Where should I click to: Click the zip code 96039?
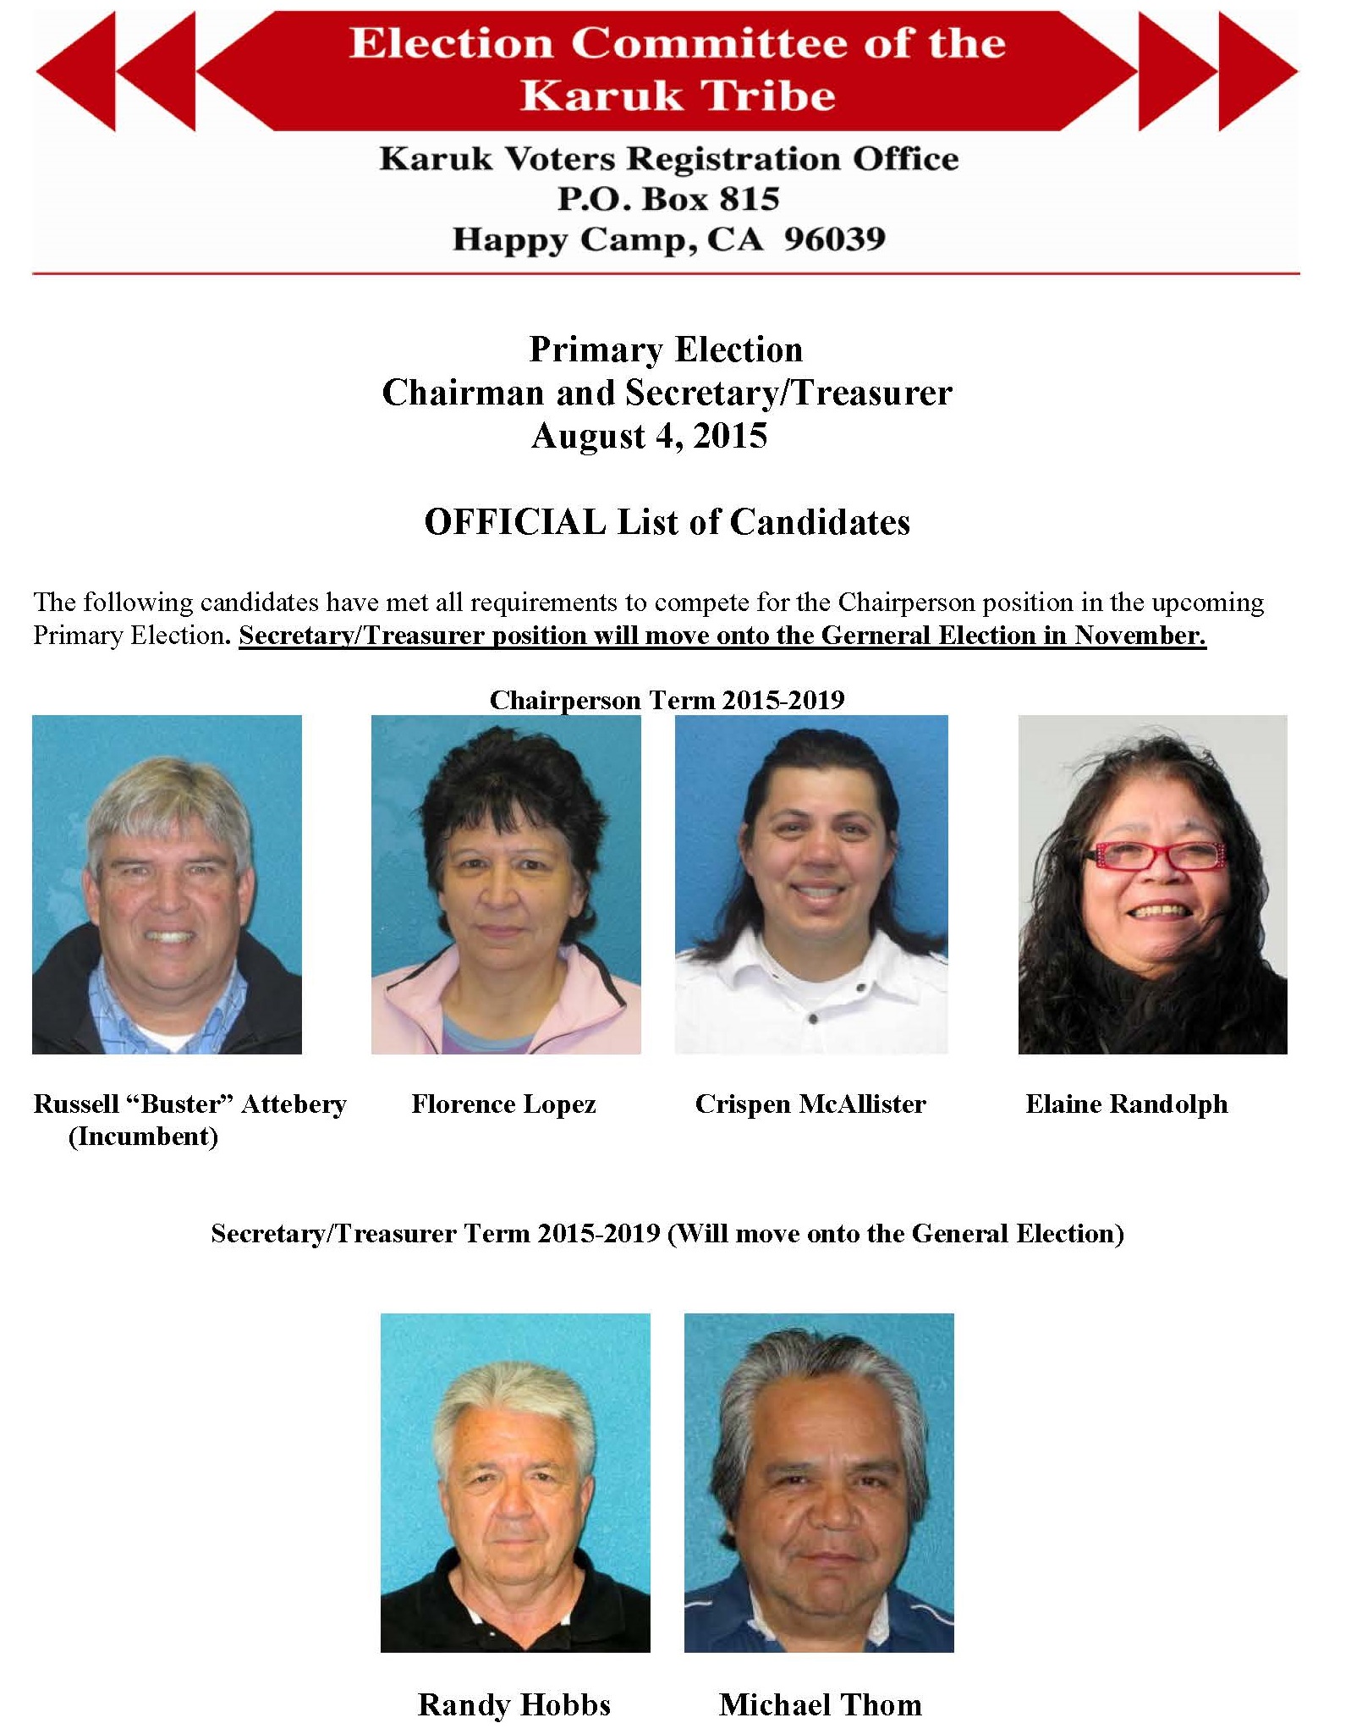pos(834,239)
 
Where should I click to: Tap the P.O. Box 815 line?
pos(667,199)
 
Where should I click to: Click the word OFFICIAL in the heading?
pos(514,522)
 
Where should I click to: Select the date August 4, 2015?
pos(649,436)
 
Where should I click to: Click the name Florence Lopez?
pos(503,1104)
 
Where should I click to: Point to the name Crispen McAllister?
pos(810,1104)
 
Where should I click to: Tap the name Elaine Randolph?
pos(1126,1104)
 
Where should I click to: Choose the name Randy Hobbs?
pos(514,1704)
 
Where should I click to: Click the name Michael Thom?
pos(820,1704)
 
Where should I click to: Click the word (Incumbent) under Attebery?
pos(143,1136)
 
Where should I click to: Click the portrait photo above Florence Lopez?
pos(506,884)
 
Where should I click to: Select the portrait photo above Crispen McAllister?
pos(811,884)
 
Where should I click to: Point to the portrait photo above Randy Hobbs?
pos(515,1483)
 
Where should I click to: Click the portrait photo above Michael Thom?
pos(819,1483)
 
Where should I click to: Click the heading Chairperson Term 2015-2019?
pos(667,700)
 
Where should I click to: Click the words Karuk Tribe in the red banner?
pos(678,95)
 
